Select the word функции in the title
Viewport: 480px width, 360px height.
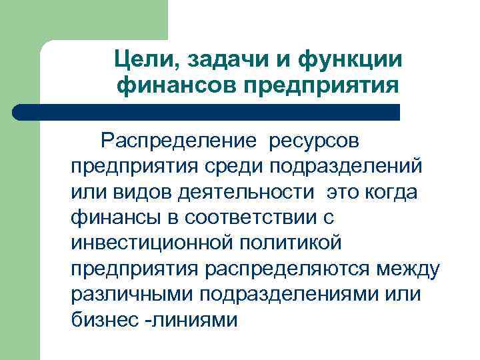tap(348, 59)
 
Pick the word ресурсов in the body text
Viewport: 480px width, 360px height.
tap(313, 142)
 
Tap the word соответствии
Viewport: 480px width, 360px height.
tap(243, 217)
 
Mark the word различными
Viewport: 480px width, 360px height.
tap(135, 294)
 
